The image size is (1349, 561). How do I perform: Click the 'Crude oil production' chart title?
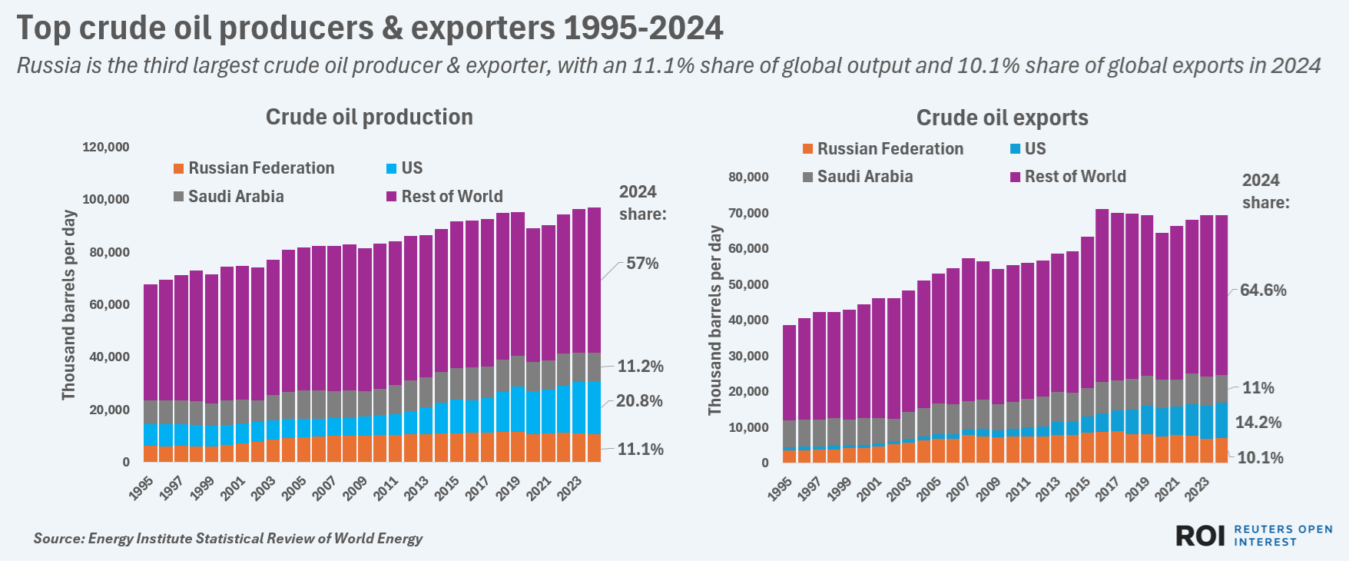369,117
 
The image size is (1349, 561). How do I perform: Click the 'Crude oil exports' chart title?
1002,118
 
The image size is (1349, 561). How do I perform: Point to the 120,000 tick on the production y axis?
106,147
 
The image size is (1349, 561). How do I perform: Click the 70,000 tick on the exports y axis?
749,213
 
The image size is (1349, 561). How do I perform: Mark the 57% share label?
642,264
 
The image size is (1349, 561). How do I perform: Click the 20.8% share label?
639,401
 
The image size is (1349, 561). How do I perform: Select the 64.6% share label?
1263,290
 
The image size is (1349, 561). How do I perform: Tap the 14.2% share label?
1258,423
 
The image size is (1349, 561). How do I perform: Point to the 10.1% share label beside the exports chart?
1260,458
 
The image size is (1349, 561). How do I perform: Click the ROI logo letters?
1200,536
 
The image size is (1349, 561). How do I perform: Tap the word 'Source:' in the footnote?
59,539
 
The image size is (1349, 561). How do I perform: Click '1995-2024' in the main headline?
643,28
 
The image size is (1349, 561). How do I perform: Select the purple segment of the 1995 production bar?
151,342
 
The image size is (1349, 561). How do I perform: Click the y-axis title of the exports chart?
715,320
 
